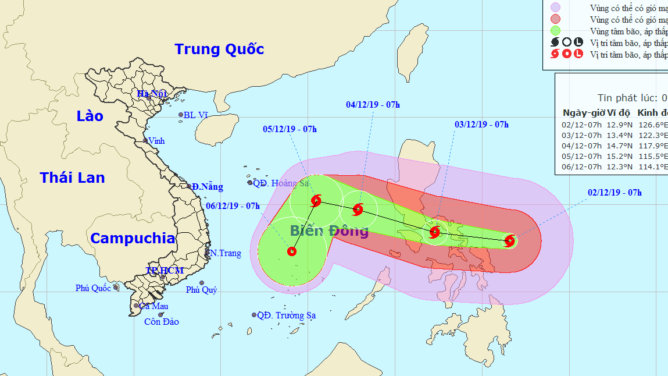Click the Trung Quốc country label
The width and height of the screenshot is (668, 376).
point(219,49)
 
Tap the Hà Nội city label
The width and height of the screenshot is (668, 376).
point(152,94)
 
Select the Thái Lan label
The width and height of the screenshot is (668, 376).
point(72,178)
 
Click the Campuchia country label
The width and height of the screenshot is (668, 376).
point(133,238)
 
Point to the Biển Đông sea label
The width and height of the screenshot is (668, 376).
point(329,230)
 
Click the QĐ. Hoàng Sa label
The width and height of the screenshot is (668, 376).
point(281,183)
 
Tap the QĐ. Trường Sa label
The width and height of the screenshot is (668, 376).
point(287,315)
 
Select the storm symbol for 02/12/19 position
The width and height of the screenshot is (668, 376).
point(510,240)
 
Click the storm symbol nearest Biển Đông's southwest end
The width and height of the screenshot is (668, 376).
point(292,251)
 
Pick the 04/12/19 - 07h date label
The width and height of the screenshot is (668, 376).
point(373,105)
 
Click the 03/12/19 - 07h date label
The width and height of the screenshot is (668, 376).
point(481,125)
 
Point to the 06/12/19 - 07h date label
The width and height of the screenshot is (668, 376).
point(233,205)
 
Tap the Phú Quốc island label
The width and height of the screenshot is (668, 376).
point(93,288)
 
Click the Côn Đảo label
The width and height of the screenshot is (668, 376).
point(162,322)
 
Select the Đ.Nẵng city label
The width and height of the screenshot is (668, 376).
point(208,187)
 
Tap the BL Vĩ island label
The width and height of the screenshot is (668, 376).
point(195,115)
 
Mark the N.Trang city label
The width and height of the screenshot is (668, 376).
point(226,254)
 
